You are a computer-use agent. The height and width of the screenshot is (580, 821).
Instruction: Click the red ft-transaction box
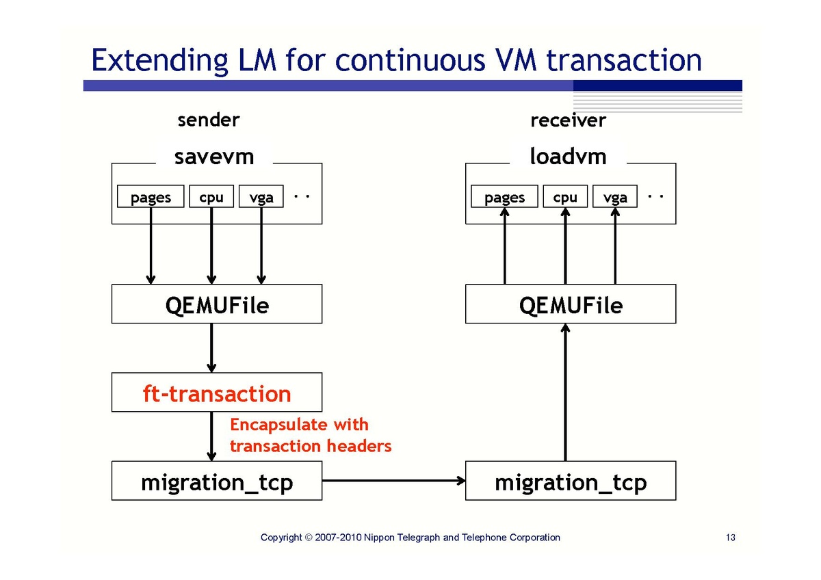point(217,392)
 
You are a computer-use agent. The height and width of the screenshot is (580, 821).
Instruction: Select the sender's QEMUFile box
point(217,304)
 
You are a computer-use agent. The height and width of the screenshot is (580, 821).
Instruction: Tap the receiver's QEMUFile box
point(571,304)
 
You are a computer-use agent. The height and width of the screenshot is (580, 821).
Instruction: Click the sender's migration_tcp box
point(217,480)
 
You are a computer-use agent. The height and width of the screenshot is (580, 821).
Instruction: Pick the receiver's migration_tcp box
point(571,480)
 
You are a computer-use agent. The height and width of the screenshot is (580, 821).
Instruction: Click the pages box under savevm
point(151,196)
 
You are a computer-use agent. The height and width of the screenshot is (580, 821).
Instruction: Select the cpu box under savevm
point(211,196)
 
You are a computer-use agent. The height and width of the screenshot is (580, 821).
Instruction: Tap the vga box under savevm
point(261,196)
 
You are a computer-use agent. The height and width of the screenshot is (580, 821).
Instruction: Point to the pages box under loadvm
point(504,196)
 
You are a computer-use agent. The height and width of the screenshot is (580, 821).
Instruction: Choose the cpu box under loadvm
point(565,196)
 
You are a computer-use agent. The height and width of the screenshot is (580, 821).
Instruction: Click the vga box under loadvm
point(615,196)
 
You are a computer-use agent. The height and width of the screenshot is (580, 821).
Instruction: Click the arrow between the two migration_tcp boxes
point(393,480)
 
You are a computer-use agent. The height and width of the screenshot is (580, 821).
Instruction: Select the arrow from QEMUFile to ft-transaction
point(211,348)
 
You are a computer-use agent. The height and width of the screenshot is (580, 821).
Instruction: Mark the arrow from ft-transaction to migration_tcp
point(211,436)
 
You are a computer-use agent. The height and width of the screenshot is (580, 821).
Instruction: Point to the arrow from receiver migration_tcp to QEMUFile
point(565,392)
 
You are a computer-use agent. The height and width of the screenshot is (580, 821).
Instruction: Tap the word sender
point(209,120)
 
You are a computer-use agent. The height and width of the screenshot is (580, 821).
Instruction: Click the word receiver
point(568,120)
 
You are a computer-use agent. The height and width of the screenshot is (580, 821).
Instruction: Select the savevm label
point(214,157)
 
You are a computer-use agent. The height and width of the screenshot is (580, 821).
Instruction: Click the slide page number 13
point(731,537)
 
